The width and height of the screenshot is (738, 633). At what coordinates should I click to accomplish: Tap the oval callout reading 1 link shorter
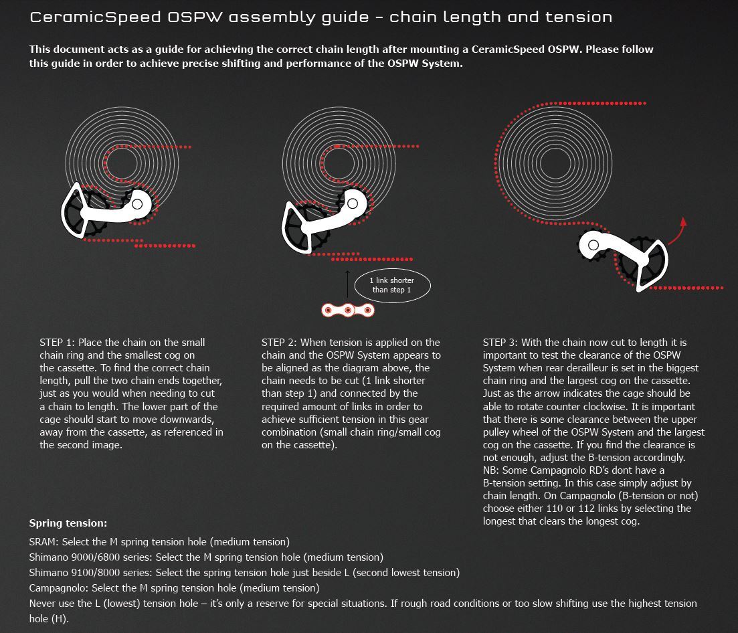click(x=391, y=285)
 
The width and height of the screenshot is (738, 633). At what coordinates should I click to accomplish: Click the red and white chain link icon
click(x=348, y=310)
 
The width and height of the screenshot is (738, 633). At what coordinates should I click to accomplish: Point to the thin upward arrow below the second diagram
click(x=348, y=283)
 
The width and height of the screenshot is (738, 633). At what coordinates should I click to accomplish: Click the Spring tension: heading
click(x=68, y=523)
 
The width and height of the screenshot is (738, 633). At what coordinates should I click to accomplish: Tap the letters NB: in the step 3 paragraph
click(x=492, y=470)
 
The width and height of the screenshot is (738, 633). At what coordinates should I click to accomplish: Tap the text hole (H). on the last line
click(x=49, y=619)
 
